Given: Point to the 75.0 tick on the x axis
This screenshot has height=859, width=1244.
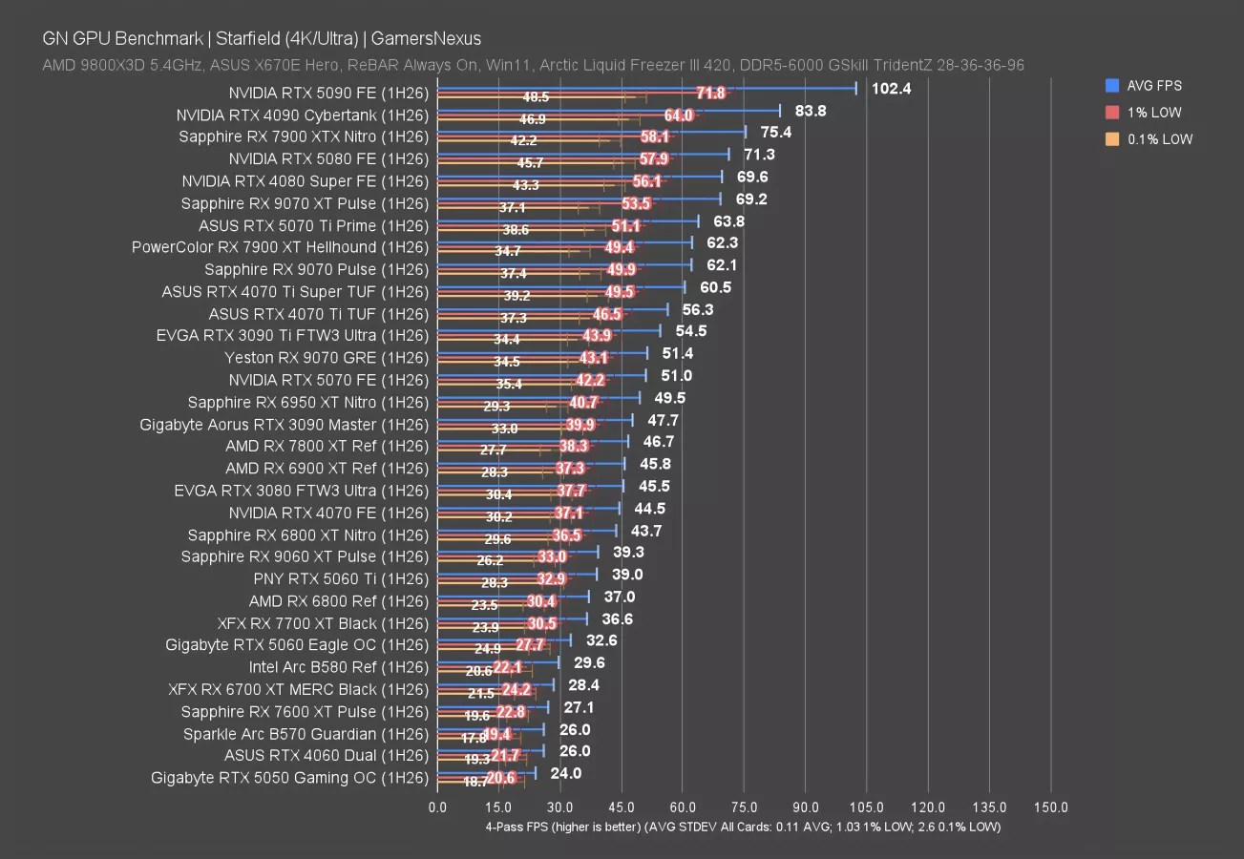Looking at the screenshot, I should (x=744, y=807).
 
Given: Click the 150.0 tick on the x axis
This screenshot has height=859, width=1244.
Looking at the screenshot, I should (x=1050, y=807).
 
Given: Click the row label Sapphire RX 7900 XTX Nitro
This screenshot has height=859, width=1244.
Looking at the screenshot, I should (x=304, y=136).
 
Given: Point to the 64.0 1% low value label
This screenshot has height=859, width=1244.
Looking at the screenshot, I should (x=679, y=115).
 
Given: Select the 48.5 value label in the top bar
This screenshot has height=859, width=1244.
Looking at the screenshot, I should (x=536, y=97).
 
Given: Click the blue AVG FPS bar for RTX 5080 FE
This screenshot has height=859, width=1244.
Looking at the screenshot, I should (x=582, y=153).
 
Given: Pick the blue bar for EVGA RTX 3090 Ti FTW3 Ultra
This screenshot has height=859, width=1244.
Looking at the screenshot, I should (x=548, y=330).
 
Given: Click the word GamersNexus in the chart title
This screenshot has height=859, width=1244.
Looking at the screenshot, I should (x=428, y=39).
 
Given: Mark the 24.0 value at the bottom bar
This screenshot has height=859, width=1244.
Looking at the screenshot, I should (x=566, y=774).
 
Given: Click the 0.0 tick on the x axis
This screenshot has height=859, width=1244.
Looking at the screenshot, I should (x=437, y=807).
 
